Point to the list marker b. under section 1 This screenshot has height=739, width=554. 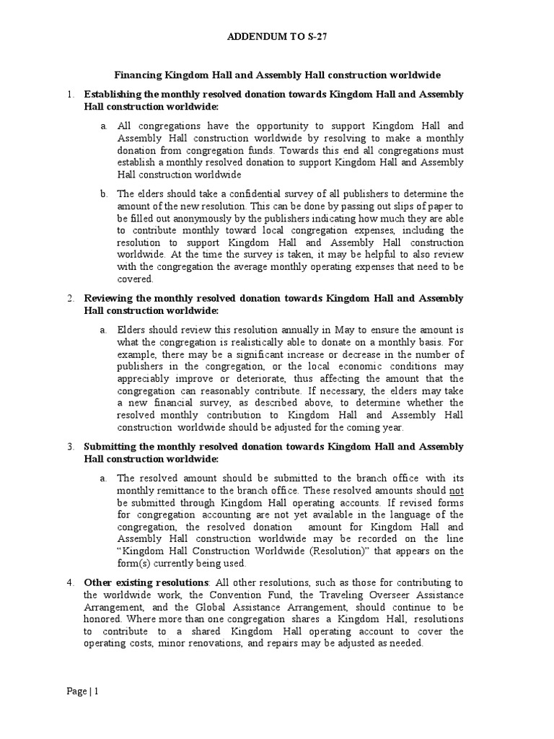tap(105, 194)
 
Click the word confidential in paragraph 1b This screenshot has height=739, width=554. tap(222, 194)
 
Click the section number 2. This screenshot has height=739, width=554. tap(71, 298)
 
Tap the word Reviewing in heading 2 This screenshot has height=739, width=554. tap(107, 298)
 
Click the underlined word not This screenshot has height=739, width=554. tap(457, 490)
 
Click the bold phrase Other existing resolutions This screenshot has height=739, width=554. tap(147, 582)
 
